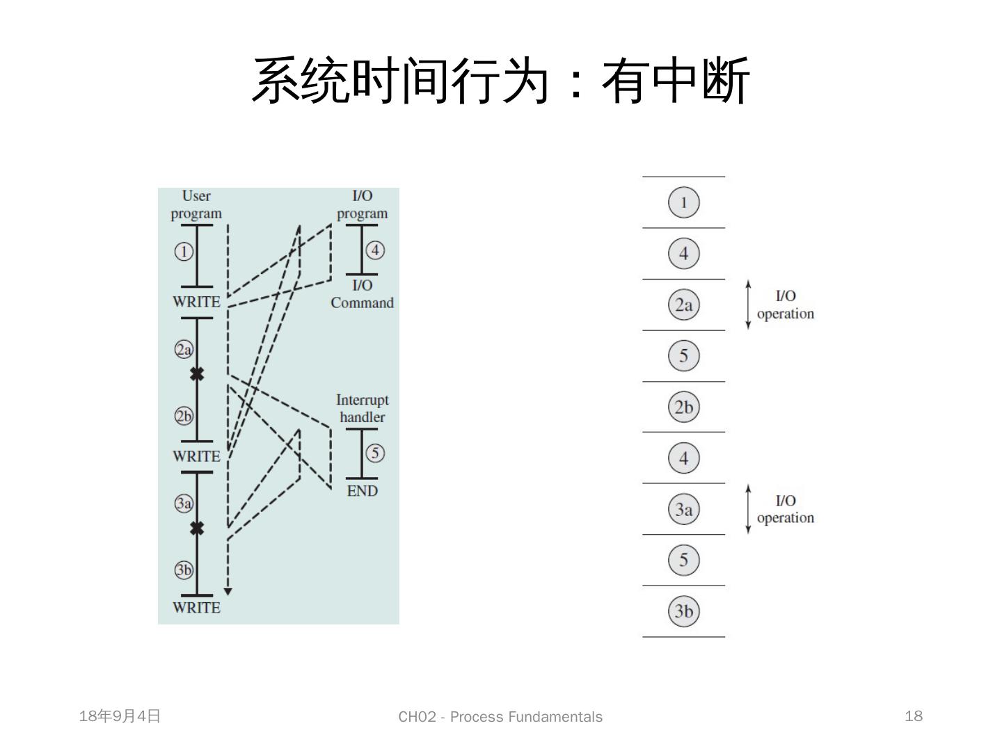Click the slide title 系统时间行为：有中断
point(500,81)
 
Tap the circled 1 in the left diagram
point(183,251)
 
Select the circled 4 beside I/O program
point(375,250)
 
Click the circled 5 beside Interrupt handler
point(375,453)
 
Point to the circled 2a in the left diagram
point(183,349)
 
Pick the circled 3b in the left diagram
point(183,570)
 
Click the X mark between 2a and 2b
point(197,374)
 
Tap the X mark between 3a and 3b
point(197,528)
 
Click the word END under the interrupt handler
point(362,491)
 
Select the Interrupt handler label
point(362,408)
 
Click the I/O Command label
point(362,294)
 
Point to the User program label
point(196,204)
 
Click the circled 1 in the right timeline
point(683,202)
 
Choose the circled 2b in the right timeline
point(683,407)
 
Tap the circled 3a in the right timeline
point(683,509)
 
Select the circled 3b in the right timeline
point(683,611)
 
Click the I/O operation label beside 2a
point(785,305)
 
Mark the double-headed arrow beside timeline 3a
point(748,509)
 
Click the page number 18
point(914,716)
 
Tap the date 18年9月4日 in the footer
point(120,716)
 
